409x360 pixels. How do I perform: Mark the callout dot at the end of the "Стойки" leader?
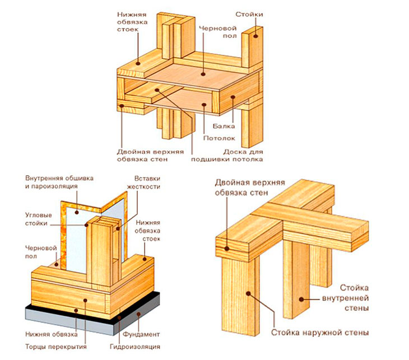tap(254, 35)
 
